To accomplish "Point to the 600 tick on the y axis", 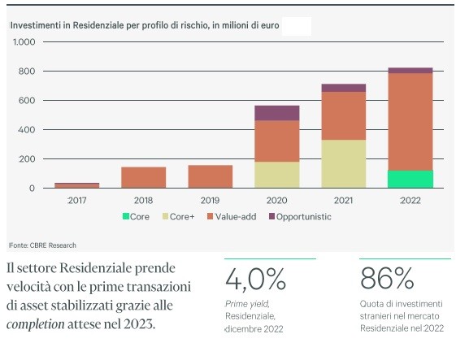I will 26,101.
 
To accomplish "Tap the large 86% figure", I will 387,280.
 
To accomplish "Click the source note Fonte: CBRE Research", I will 42,245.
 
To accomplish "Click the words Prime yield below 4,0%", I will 245,303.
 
